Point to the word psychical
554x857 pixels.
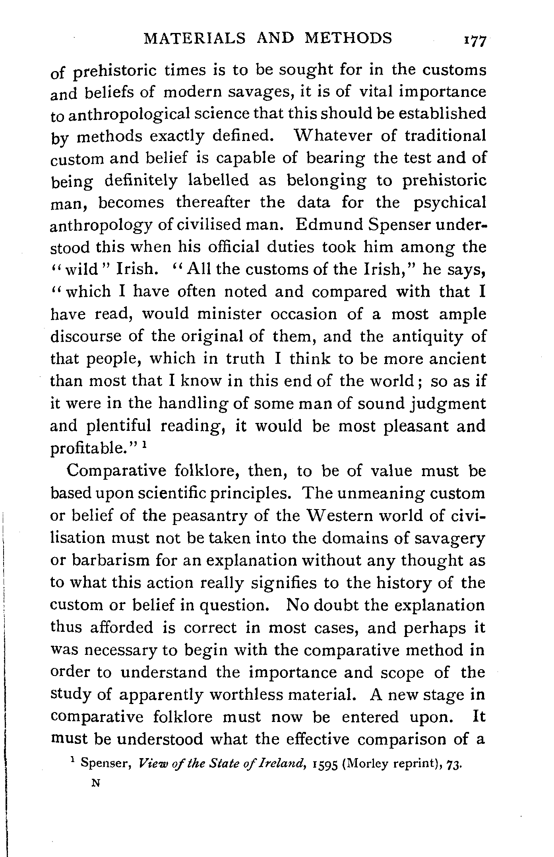tap(449, 203)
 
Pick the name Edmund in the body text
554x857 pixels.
tap(329, 225)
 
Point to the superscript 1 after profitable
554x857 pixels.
tap(146, 445)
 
